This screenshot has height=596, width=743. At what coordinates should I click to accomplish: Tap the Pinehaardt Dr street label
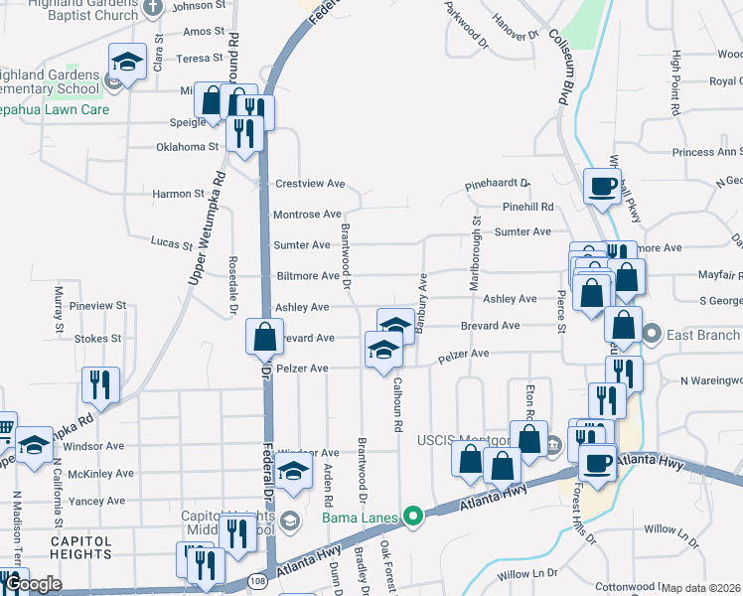pyautogui.click(x=498, y=186)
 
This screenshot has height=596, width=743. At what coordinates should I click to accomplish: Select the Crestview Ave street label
pyautogui.click(x=309, y=184)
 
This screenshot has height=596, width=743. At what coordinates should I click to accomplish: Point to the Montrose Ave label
pyautogui.click(x=307, y=215)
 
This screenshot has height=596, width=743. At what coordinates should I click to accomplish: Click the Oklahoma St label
pyautogui.click(x=187, y=147)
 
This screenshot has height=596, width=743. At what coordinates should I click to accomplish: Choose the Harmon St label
pyautogui.click(x=178, y=194)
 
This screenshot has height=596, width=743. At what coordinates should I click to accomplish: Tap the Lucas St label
pyautogui.click(x=171, y=243)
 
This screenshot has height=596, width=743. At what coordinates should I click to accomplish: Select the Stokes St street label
pyautogui.click(x=97, y=339)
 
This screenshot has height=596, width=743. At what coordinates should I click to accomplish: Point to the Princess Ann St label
pyautogui.click(x=707, y=152)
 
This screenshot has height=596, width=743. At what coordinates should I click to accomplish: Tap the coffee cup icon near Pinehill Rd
pyautogui.click(x=602, y=185)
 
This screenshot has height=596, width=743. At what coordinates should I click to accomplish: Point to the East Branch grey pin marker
pyautogui.click(x=652, y=335)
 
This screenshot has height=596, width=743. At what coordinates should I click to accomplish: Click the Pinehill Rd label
pyautogui.click(x=527, y=207)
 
